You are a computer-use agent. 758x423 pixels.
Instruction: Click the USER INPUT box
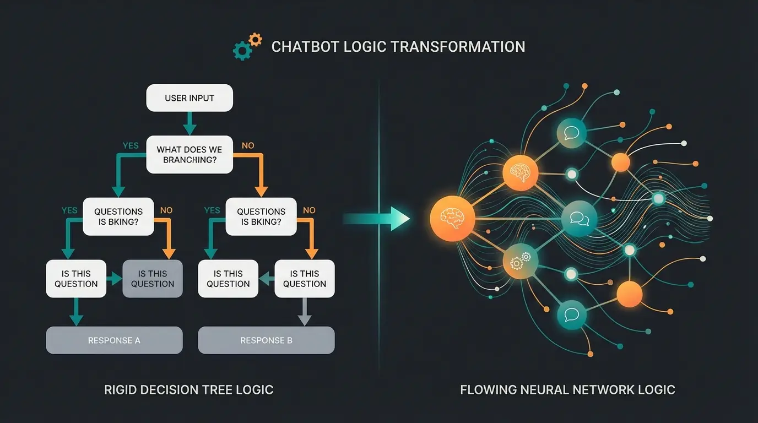189,98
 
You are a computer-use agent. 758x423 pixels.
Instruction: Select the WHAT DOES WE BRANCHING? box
189,155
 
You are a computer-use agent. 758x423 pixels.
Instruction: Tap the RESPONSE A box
114,340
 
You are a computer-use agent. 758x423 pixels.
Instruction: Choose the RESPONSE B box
266,340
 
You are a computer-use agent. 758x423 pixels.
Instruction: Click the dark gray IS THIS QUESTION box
153,279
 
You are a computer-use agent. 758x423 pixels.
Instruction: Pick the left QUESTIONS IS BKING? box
118,216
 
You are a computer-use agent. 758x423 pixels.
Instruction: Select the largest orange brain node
452,218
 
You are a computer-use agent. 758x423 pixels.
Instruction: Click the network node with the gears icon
519,261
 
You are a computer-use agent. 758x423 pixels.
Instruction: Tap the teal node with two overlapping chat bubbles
579,219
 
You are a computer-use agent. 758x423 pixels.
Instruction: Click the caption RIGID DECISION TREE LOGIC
189,390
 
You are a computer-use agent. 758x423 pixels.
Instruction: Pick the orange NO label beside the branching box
248,145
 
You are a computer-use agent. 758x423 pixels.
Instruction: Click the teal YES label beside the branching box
131,145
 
